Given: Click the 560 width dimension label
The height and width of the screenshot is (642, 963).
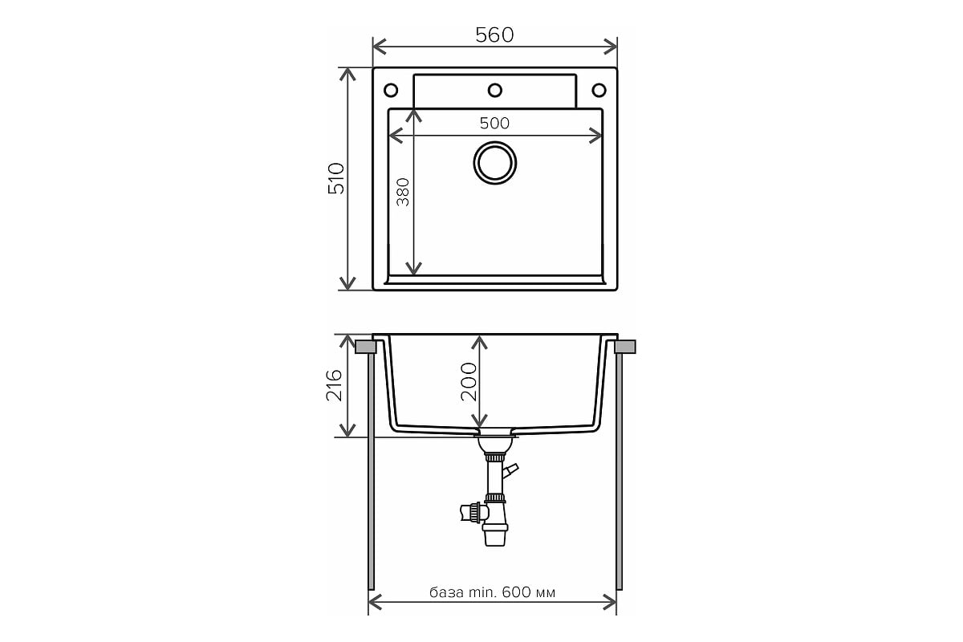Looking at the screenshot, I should (x=494, y=35).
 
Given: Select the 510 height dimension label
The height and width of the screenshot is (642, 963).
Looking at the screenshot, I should (x=335, y=179).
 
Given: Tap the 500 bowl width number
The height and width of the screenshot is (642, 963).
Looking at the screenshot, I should (x=494, y=123).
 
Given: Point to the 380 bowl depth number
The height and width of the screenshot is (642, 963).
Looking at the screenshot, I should (x=403, y=193).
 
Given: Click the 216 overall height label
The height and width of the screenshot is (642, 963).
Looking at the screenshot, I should (x=335, y=385).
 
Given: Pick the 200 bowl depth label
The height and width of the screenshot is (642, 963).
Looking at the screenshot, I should (x=469, y=381).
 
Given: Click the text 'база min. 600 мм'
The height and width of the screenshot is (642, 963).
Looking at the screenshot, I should (x=493, y=593).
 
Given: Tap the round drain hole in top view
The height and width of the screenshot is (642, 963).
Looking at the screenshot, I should (x=494, y=162).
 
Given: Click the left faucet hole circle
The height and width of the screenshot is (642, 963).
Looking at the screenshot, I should (x=391, y=89).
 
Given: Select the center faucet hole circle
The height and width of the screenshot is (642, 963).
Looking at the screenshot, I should (x=495, y=89).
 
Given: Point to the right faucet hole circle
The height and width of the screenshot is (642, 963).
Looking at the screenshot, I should (x=599, y=89).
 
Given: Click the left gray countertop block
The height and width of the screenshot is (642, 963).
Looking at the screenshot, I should (x=365, y=347).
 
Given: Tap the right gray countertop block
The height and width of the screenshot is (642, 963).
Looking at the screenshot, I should (x=624, y=347).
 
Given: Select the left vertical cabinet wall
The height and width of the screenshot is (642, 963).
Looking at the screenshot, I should (x=370, y=473).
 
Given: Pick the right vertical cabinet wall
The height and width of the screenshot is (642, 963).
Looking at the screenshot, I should (x=620, y=473).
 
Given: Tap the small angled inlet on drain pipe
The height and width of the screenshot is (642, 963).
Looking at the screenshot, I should (x=511, y=469).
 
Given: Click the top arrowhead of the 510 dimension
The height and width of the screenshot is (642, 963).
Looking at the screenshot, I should (x=347, y=74).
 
